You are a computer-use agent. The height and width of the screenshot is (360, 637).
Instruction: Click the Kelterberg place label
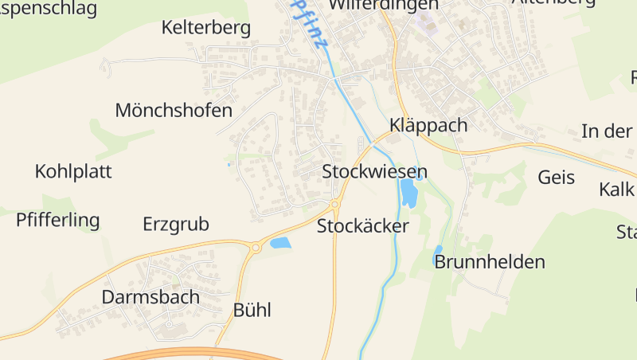click(x=205, y=29)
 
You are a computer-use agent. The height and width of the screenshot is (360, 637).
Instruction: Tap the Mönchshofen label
click(x=174, y=111)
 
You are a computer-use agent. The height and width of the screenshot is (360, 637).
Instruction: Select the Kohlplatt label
click(x=73, y=171)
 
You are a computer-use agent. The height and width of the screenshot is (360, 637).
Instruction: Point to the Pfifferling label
click(x=58, y=221)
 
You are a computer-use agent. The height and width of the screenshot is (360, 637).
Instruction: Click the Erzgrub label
click(x=175, y=225)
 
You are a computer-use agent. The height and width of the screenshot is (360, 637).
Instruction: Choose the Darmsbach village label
click(x=150, y=297)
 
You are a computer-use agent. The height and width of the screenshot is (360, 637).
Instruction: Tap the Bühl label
click(x=252, y=311)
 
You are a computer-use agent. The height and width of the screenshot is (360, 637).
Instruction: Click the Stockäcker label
click(x=362, y=226)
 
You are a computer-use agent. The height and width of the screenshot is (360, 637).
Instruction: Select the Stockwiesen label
click(x=374, y=172)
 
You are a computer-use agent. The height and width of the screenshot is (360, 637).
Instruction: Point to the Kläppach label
click(x=428, y=126)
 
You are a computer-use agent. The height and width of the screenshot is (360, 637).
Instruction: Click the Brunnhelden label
click(x=490, y=262)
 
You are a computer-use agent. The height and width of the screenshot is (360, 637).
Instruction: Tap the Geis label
click(x=556, y=177)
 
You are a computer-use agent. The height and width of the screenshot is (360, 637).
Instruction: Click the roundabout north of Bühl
click(x=256, y=248)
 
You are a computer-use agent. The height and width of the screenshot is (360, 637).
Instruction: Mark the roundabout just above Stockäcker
click(x=335, y=204)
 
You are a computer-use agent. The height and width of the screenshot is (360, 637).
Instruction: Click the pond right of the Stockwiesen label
click(x=409, y=193)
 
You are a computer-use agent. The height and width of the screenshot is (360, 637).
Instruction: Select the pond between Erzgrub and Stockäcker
click(x=280, y=243)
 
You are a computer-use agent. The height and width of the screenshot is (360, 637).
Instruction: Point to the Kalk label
click(x=617, y=190)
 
